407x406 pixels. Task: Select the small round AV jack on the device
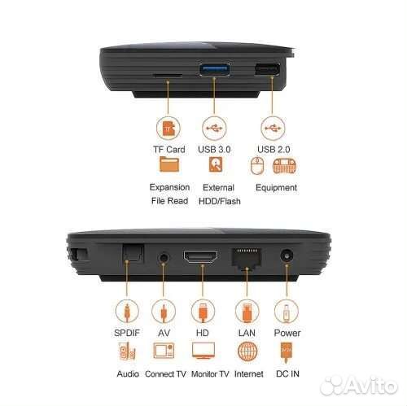coord(164,258)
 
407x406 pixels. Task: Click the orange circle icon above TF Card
coord(169,129)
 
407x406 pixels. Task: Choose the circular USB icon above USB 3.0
coord(213,129)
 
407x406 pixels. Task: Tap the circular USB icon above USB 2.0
coord(270,129)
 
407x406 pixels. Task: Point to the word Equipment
coord(276,187)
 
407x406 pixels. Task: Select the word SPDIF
coord(127,333)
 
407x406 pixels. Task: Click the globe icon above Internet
coord(247,351)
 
